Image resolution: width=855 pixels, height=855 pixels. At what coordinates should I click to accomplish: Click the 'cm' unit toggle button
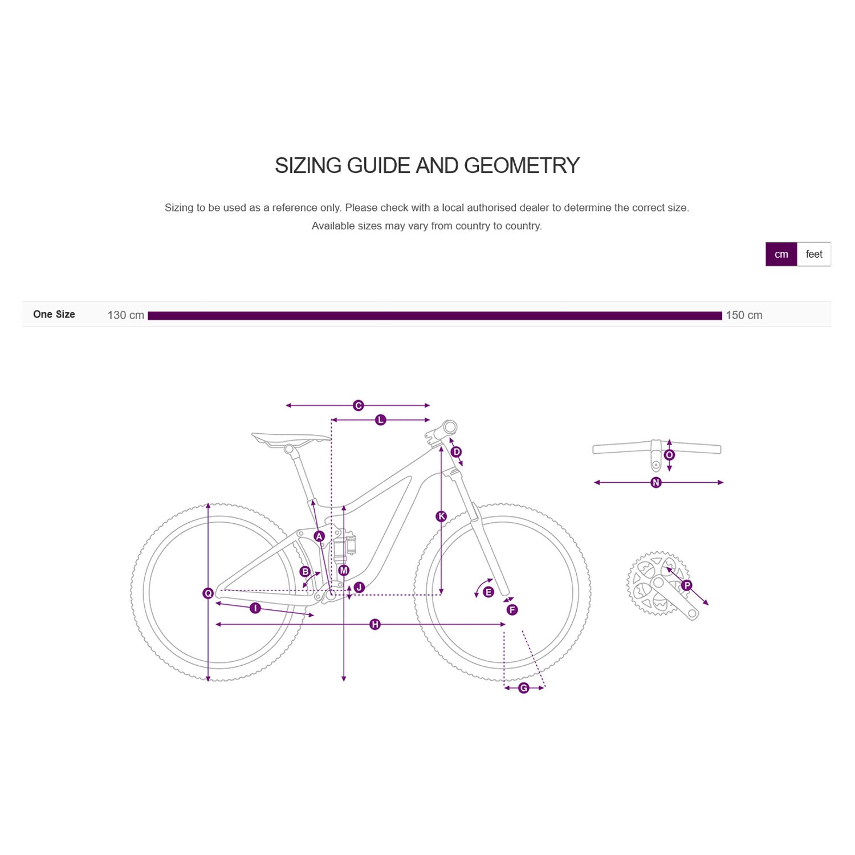[x=781, y=254]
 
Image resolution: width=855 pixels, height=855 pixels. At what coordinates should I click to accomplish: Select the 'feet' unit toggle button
[x=814, y=254]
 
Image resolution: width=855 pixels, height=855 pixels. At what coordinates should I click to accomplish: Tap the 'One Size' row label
[x=54, y=314]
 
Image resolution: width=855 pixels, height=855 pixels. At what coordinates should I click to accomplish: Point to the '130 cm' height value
[x=125, y=315]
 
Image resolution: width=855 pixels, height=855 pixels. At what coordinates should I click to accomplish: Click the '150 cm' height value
[x=744, y=315]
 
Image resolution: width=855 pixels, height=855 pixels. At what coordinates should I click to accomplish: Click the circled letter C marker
[x=359, y=405]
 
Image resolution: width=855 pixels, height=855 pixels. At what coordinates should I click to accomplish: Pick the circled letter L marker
[x=381, y=420]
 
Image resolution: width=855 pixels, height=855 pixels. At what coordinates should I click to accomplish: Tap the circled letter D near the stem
[x=456, y=452]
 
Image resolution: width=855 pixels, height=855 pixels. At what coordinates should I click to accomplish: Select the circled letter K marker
[x=441, y=516]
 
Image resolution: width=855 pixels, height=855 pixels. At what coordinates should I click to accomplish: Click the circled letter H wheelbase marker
[x=375, y=625]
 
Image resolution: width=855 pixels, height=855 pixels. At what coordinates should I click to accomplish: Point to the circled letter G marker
[x=524, y=688]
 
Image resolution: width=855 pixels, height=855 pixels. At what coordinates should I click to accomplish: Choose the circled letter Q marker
[x=208, y=593]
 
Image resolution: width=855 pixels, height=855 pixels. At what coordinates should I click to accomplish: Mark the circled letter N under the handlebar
[x=656, y=483]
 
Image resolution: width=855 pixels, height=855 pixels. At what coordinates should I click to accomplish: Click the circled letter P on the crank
[x=687, y=585]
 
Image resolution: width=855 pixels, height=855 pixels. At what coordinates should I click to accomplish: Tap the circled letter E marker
[x=488, y=592]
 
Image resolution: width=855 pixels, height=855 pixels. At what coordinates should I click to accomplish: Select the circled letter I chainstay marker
[x=255, y=608]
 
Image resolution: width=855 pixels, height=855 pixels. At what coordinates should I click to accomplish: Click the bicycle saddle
[x=291, y=438]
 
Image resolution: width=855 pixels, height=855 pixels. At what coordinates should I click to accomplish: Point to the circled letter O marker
[x=670, y=455]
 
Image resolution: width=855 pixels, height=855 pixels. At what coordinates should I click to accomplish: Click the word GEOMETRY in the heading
[x=522, y=166]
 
